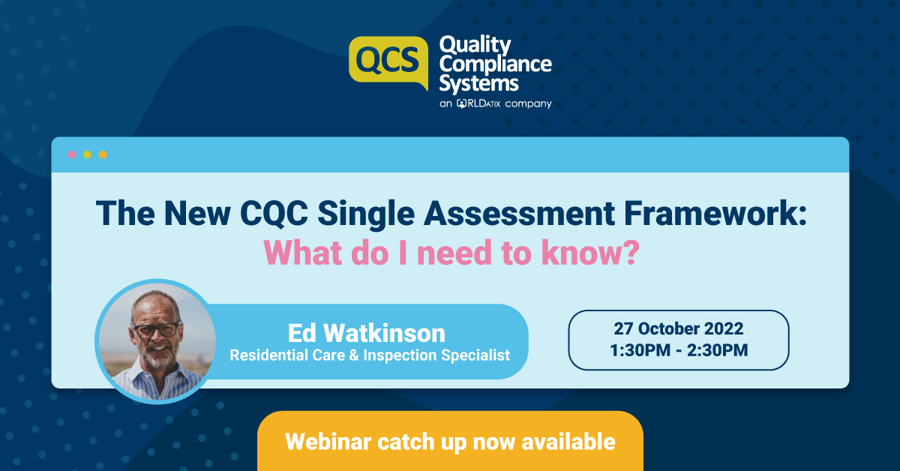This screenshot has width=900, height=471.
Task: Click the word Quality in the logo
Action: [475, 45]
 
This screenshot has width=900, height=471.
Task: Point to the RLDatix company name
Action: [478, 103]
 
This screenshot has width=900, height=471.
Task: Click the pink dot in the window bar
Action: [72, 154]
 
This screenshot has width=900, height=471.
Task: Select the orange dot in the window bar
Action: [103, 154]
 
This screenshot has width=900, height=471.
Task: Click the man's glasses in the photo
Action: [157, 328]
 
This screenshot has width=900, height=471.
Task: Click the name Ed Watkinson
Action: [366, 332]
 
